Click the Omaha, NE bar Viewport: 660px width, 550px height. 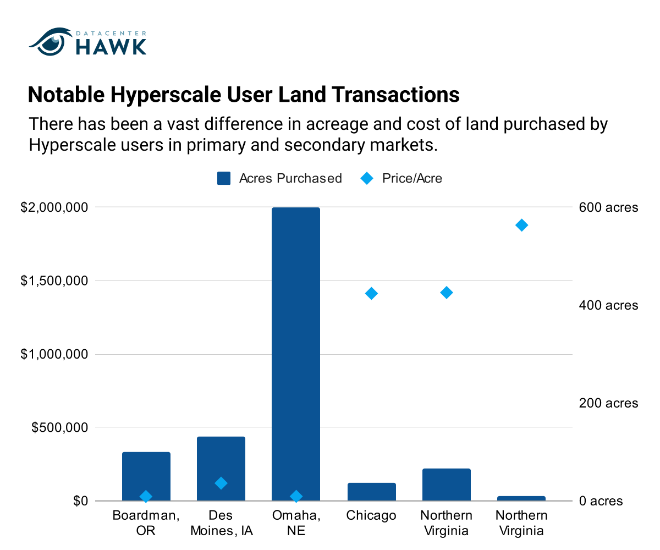point(295,354)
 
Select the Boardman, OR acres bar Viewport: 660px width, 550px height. point(146,476)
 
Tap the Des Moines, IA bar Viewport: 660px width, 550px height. point(221,469)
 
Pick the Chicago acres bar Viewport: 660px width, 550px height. point(371,492)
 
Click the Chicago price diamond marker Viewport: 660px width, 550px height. point(371,293)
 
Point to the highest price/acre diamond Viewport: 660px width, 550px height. point(521,226)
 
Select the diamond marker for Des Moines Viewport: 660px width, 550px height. point(221,483)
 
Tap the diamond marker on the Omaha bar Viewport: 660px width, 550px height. point(296,496)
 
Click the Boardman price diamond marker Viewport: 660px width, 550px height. point(146,496)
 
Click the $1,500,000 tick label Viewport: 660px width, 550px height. point(54,280)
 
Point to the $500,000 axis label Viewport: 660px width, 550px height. point(59,427)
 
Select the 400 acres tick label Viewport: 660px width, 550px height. point(608,305)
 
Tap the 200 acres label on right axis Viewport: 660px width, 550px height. point(608,403)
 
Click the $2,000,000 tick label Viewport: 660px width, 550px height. point(54,207)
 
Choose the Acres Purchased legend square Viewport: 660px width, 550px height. point(224,178)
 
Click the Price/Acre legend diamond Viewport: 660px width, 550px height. point(367,178)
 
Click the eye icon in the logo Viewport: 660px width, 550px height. point(51,42)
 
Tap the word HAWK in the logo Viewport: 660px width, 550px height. point(111,47)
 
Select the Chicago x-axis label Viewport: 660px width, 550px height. point(371,516)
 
